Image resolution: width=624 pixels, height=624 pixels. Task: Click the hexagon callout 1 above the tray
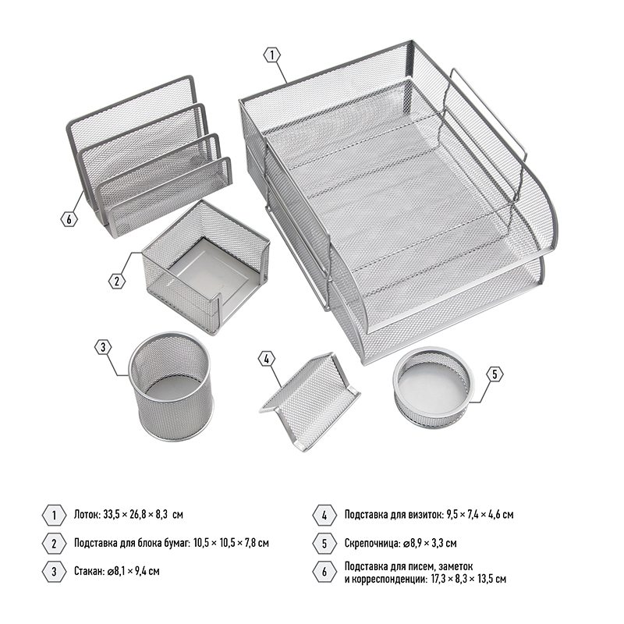(x=272, y=55)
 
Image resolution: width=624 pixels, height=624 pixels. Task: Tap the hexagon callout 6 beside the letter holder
(x=69, y=219)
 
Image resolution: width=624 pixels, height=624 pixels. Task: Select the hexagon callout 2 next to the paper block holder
(x=116, y=281)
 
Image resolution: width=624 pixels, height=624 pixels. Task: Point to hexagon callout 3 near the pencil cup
(x=103, y=347)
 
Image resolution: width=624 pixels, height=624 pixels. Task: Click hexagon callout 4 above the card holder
(x=267, y=359)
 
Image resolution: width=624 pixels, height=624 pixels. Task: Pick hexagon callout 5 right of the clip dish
(x=495, y=374)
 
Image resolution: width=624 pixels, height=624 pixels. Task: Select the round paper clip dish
(x=434, y=385)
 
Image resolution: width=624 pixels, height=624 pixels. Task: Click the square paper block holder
(x=206, y=268)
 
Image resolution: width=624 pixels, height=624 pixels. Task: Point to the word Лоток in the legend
(x=87, y=515)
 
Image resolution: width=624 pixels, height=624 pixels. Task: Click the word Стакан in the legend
(x=89, y=572)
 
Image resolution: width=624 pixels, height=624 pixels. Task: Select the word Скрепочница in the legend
(x=372, y=543)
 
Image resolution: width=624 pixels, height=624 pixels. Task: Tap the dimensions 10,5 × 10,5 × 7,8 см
(x=231, y=543)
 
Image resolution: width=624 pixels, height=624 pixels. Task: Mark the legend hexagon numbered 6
(x=324, y=572)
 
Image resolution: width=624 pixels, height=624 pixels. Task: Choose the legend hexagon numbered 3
(x=54, y=572)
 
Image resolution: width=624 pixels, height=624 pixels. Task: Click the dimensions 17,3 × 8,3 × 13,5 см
(x=469, y=579)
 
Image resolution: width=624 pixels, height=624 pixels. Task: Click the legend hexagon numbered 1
(x=54, y=516)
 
